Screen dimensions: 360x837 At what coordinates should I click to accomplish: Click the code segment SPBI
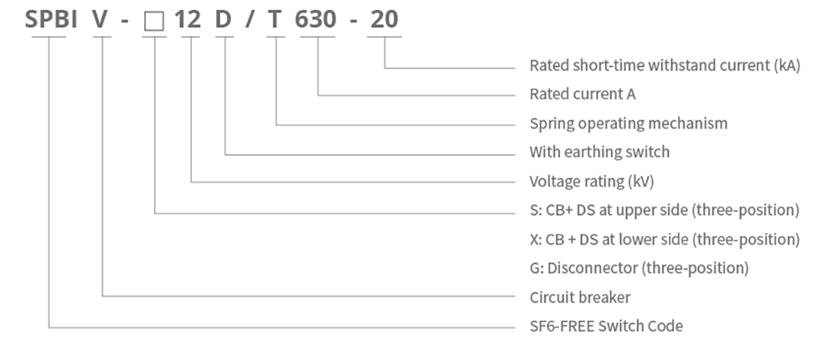coord(51,19)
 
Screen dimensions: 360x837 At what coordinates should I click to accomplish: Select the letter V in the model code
coord(101,19)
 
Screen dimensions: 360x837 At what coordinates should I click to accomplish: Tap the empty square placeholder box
coord(154,20)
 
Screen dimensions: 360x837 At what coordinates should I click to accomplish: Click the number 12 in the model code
coord(188,19)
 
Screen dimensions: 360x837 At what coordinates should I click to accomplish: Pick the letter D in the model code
coord(224,19)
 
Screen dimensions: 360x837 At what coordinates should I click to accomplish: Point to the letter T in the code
coord(276,19)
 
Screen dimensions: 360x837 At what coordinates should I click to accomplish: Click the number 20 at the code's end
coord(384,19)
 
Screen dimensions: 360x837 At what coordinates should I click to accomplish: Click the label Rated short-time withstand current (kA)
coord(665,65)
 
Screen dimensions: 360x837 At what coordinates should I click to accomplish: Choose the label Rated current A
coord(583,95)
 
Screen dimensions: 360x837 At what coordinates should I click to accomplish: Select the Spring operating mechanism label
coord(629,124)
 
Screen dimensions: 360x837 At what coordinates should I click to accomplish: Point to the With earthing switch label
coord(599,152)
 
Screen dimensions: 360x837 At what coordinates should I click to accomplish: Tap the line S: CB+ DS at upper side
coord(665,210)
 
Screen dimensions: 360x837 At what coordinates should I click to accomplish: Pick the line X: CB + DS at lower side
coord(665,239)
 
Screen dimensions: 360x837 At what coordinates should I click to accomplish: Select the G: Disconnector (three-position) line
coord(639,269)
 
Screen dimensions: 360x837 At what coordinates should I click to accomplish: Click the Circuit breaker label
coord(580,297)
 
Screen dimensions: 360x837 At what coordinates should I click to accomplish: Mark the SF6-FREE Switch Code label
coord(606,327)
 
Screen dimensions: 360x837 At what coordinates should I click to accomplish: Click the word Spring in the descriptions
coord(551,124)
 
